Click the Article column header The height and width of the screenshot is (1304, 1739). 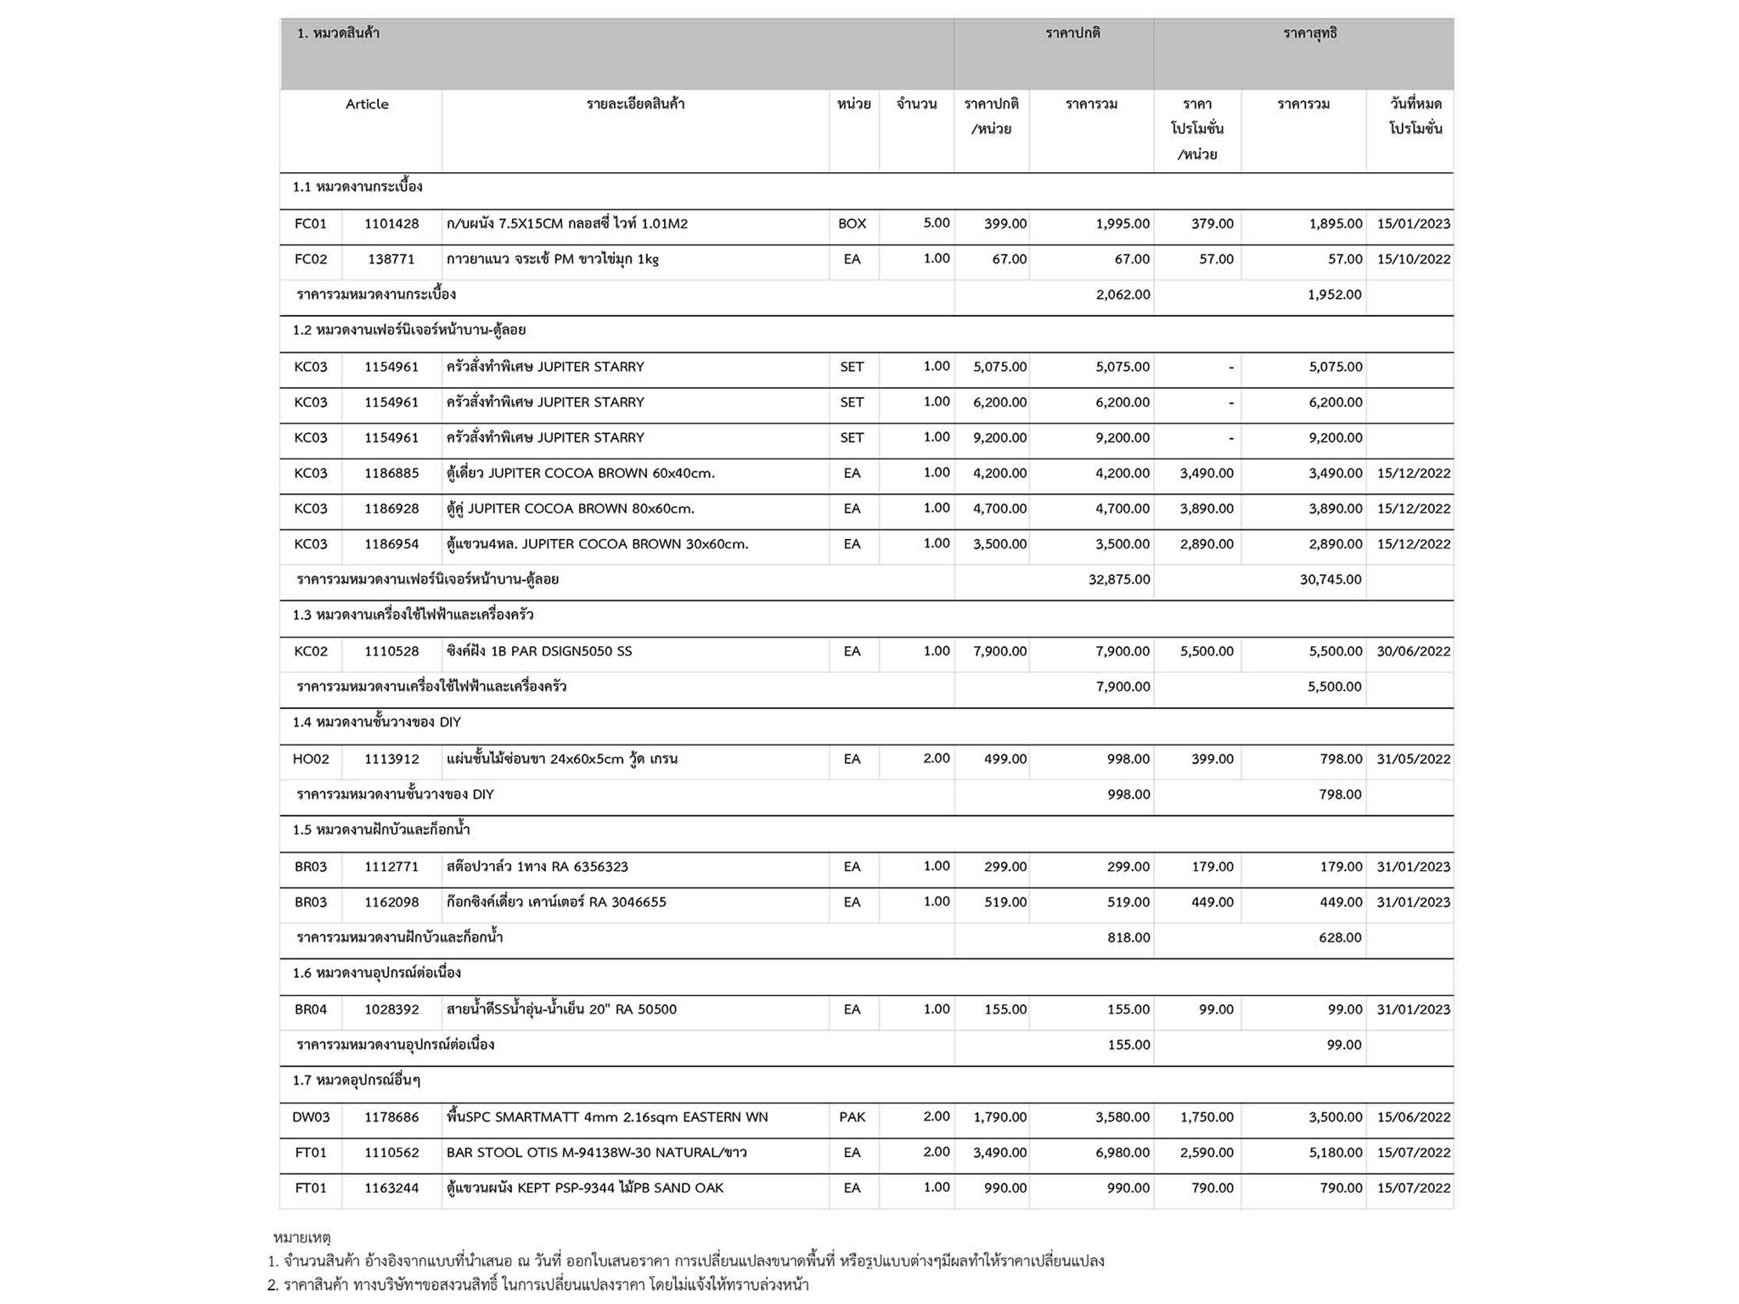367,104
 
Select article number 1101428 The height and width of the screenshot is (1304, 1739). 391,224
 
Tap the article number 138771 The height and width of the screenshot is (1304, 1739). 391,260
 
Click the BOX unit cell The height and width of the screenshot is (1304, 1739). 852,224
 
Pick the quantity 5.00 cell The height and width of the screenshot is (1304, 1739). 936,223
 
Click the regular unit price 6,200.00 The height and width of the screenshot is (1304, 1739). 999,402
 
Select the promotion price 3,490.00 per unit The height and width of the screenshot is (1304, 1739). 1206,474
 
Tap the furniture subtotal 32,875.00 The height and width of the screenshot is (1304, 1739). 1119,580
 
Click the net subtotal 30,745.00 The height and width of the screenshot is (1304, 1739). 1330,580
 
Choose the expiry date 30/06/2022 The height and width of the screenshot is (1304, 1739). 1413,652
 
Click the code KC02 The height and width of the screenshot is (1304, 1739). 311,652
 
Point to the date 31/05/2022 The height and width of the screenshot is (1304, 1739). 1413,760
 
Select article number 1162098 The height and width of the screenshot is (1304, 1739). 391,902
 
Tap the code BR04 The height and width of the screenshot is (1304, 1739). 311,1010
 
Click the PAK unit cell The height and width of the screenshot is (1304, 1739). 852,1118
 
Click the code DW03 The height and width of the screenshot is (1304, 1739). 311,1118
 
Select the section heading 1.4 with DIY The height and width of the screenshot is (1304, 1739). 376,722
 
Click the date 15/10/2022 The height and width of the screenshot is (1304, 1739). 1413,260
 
